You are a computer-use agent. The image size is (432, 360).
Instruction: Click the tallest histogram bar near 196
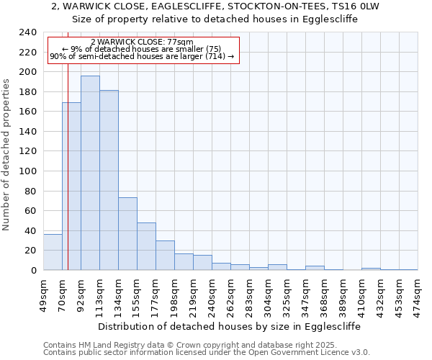click(x=90, y=173)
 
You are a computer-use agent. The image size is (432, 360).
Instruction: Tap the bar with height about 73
click(x=127, y=234)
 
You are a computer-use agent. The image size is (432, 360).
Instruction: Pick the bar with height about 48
click(x=146, y=246)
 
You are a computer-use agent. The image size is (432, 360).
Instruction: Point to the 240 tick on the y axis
click(x=28, y=32)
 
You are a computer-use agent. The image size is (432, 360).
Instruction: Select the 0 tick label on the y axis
click(x=33, y=271)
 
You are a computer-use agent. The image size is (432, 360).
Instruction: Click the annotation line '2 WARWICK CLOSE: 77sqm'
click(x=143, y=42)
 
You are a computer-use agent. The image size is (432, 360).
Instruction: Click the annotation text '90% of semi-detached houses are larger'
click(x=143, y=56)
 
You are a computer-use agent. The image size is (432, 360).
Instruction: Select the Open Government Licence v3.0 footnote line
click(x=207, y=352)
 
